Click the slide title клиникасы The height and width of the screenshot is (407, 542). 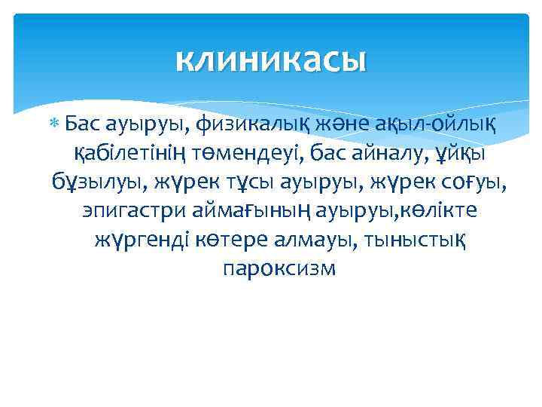[271, 60]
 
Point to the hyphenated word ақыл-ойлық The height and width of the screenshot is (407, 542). [434, 122]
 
